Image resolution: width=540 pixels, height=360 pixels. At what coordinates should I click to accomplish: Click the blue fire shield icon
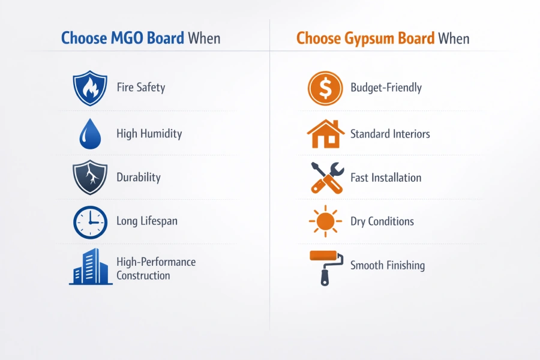(90, 88)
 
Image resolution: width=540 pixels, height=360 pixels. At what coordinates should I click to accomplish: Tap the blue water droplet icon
(90, 133)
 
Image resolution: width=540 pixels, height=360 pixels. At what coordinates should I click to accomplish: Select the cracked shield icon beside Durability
(90, 178)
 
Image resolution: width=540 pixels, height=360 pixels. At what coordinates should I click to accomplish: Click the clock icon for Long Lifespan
(90, 222)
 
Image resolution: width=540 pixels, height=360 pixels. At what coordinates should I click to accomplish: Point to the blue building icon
(91, 266)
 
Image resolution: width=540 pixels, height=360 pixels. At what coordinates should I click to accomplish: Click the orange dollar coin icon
(325, 88)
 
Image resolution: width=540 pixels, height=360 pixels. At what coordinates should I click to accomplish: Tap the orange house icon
(325, 133)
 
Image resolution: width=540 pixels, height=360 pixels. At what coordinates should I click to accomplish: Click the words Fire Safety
(141, 88)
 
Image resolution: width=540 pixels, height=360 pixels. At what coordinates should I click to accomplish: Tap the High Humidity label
(149, 133)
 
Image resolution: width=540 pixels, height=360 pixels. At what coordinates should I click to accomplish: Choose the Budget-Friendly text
(386, 88)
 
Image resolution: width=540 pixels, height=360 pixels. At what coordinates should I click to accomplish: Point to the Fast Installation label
(386, 178)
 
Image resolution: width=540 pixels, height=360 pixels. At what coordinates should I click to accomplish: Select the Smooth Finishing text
(388, 265)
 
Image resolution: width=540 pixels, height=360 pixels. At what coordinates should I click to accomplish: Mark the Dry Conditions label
(382, 221)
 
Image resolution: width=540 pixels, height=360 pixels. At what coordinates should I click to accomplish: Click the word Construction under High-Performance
(143, 276)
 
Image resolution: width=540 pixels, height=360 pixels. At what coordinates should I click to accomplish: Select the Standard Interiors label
(390, 134)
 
